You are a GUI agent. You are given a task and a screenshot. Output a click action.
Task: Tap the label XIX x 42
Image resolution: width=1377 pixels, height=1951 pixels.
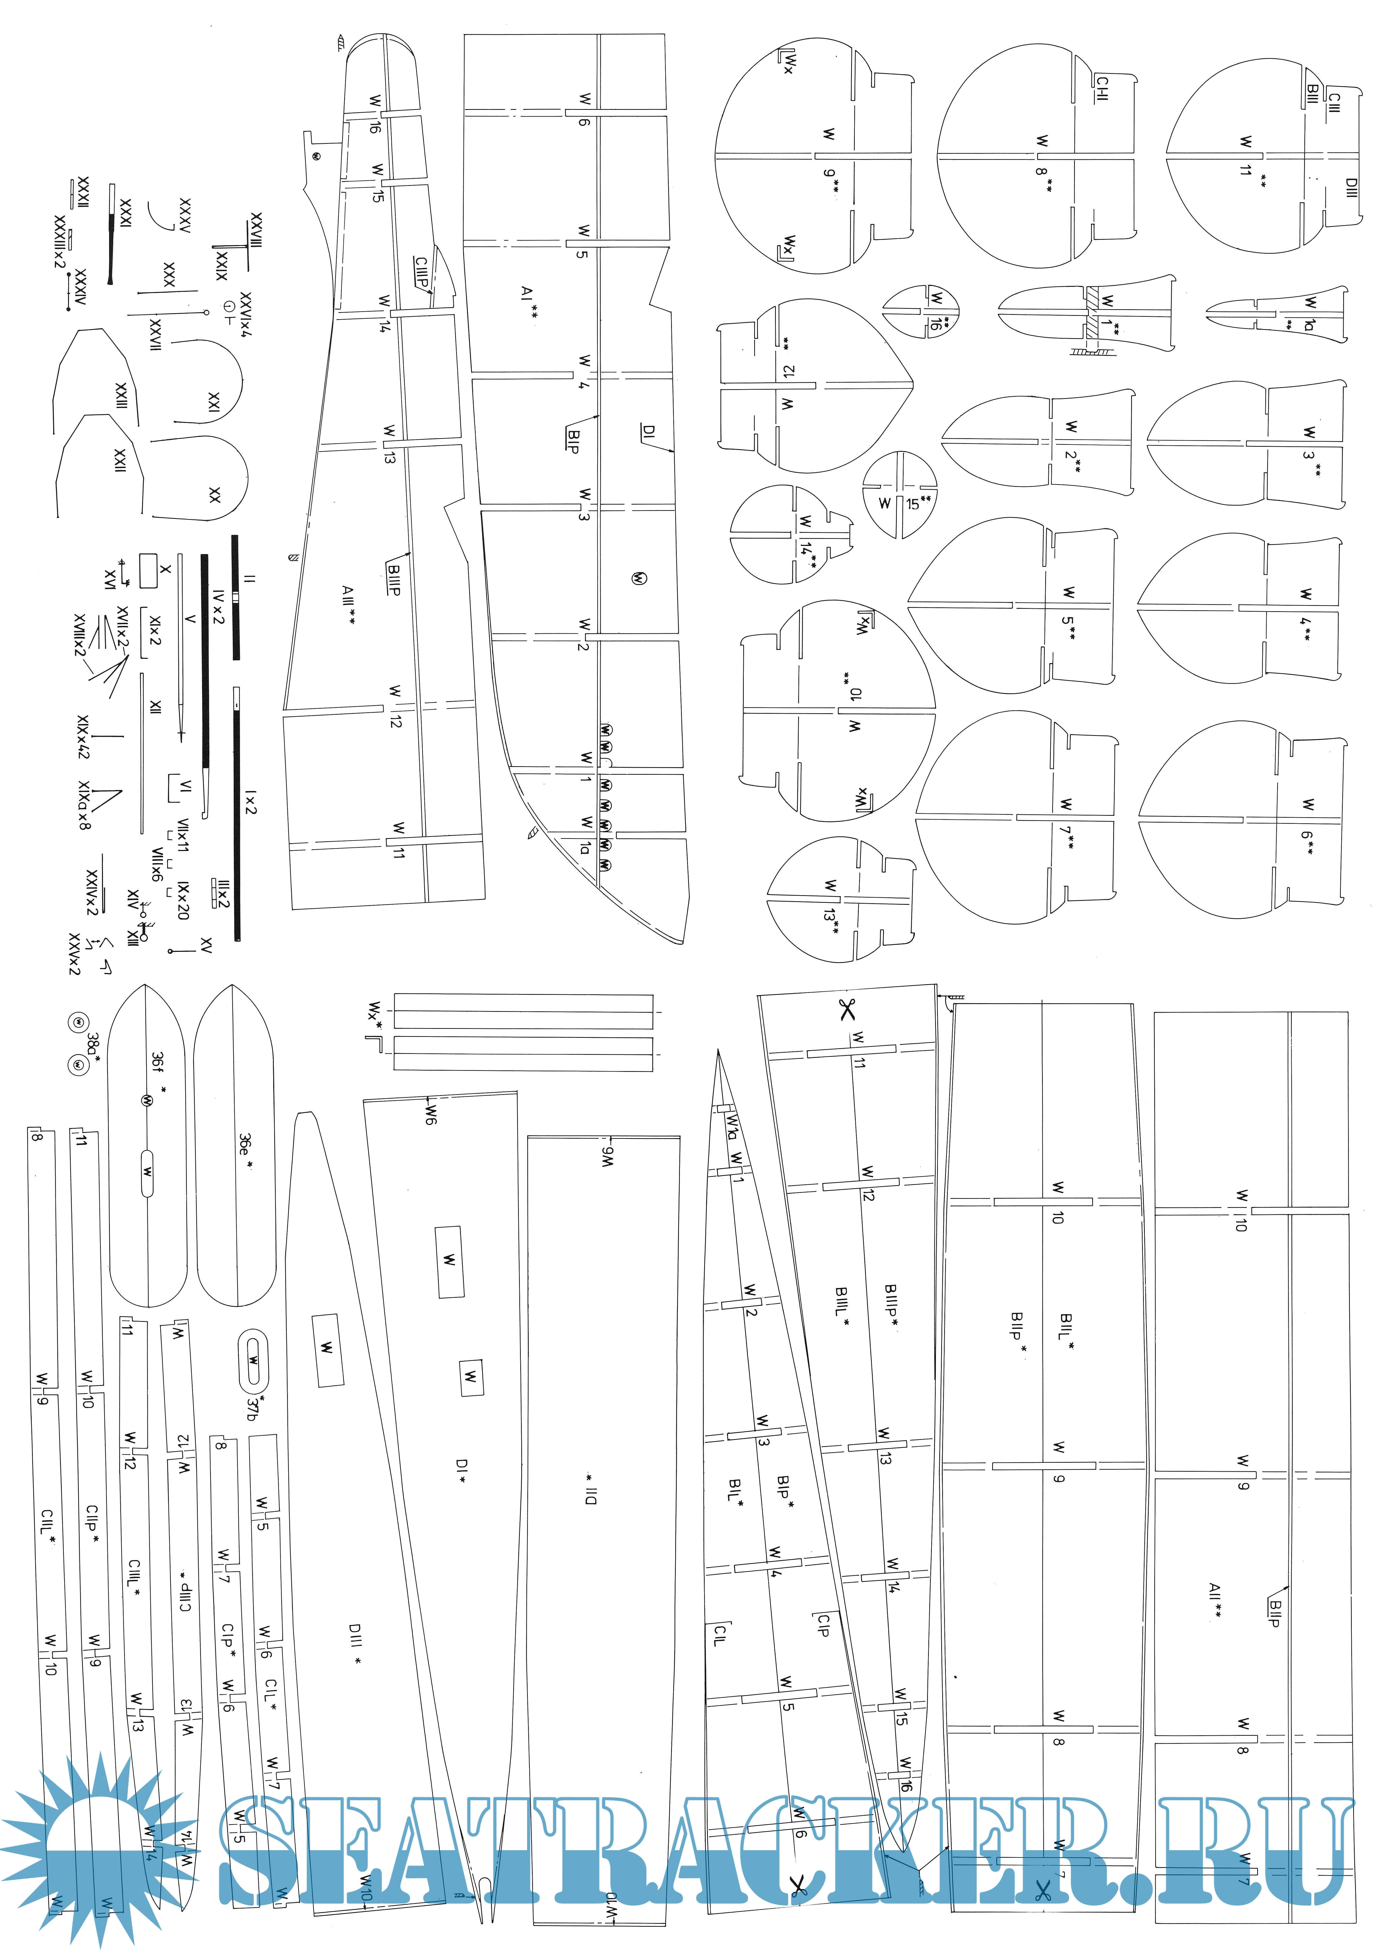point(82,737)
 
